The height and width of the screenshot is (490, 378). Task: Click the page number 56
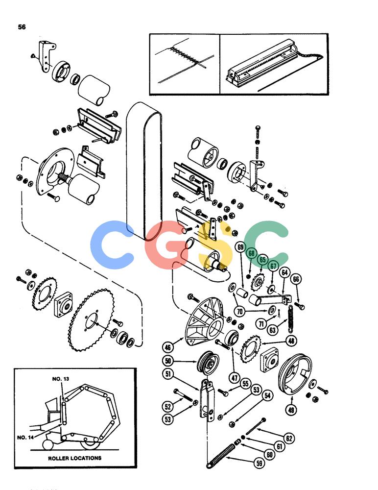(22, 27)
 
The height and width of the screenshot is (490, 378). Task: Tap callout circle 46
(168, 347)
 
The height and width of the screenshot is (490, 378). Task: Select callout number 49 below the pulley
(291, 409)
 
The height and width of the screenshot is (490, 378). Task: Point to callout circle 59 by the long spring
(260, 463)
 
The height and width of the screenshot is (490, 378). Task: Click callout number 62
(289, 438)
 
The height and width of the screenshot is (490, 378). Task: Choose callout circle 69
(240, 247)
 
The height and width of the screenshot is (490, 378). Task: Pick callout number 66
(296, 279)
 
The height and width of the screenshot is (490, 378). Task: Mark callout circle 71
(261, 323)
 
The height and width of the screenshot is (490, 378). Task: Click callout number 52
(168, 406)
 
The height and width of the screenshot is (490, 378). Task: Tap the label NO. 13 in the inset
(61, 379)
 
